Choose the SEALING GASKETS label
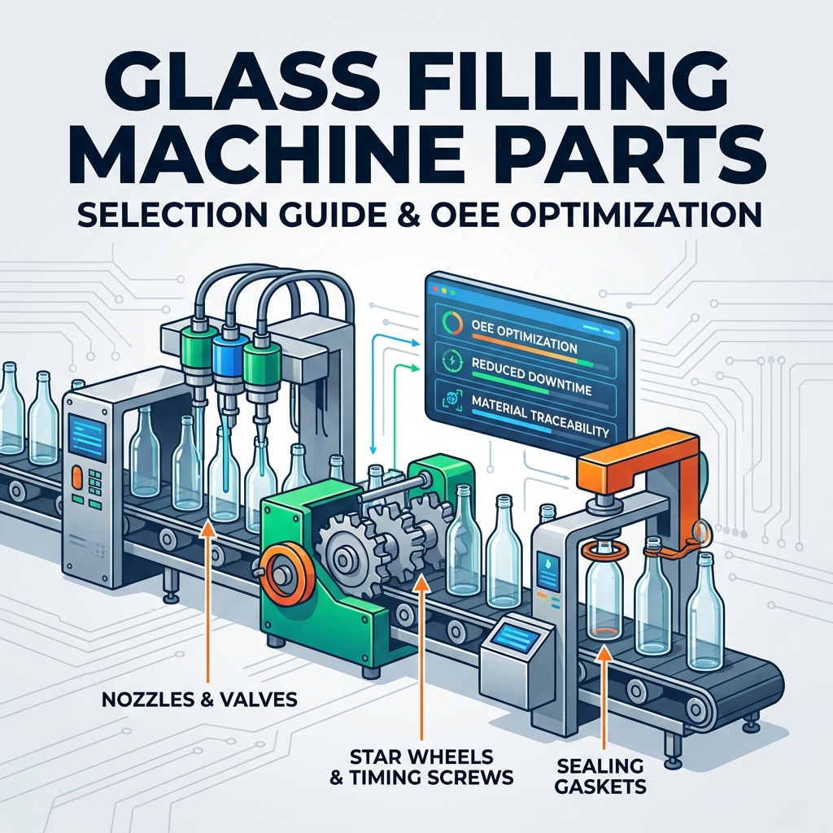(x=600, y=775)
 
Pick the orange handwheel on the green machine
(x=279, y=573)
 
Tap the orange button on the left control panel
(x=76, y=477)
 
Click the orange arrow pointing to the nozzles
(x=205, y=601)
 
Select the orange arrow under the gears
(x=421, y=657)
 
